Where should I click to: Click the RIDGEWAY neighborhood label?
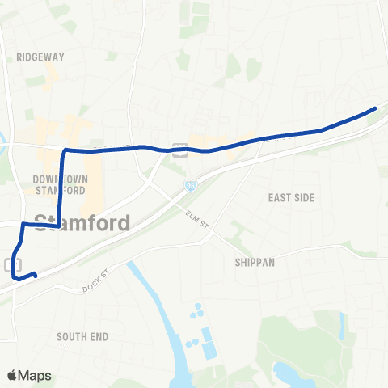tap(40, 57)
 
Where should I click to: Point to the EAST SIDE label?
tap(290, 197)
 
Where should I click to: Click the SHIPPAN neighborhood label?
tap(255, 262)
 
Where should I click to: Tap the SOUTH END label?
tap(83, 335)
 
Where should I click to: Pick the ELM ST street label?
tap(196, 217)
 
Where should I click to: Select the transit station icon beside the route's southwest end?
tap(13, 264)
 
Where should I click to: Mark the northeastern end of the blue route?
tap(375, 108)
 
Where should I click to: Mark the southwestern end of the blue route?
tap(36, 276)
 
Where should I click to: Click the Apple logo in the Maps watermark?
tap(12, 375)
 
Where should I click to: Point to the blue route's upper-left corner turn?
tap(65, 150)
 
